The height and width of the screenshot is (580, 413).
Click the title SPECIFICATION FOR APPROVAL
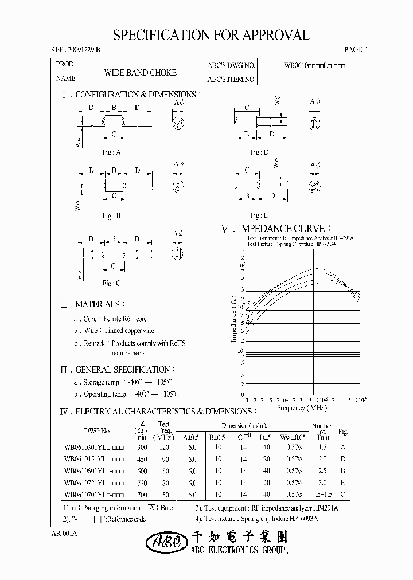[211, 35]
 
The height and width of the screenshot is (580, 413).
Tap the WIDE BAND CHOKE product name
[140, 73]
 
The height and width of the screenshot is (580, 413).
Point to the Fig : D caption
[259, 152]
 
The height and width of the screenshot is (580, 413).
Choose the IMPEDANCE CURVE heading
[276, 229]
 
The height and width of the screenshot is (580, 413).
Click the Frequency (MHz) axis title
[301, 408]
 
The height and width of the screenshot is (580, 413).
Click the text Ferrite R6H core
[124, 319]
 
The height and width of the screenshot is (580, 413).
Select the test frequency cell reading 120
[165, 447]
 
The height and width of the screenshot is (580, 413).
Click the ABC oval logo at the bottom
[164, 541]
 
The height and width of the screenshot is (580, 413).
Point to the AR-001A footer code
[64, 534]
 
